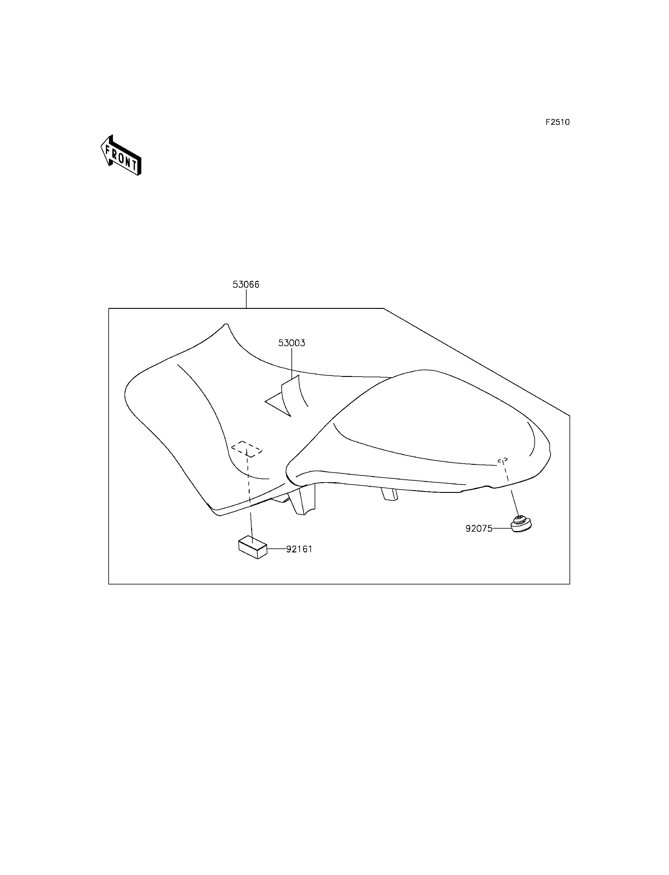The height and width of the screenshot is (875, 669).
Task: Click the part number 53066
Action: point(246,284)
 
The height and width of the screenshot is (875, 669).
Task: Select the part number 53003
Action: point(291,343)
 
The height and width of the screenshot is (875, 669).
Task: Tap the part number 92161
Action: point(299,549)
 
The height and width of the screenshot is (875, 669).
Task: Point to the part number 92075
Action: point(479,529)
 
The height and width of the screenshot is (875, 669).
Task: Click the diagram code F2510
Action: point(558,122)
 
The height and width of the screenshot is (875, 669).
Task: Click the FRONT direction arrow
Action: point(121,155)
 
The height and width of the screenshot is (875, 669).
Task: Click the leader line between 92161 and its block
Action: point(277,549)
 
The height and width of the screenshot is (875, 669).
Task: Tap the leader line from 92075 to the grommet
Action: point(502,529)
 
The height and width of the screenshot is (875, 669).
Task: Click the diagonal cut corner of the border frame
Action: point(476,362)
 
